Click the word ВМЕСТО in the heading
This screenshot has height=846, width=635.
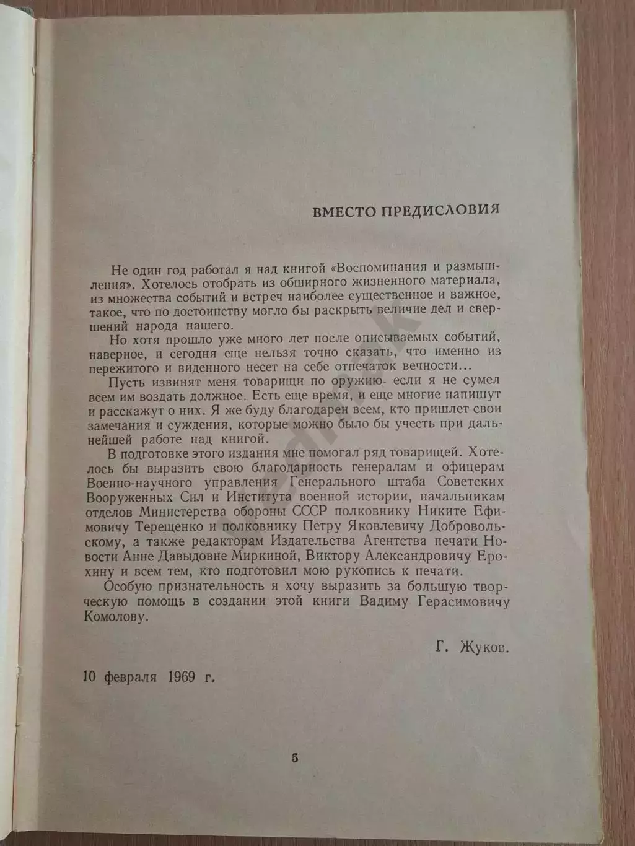click(341, 209)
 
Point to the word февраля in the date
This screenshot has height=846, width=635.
click(131, 676)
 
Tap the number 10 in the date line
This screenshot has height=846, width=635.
click(89, 676)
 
